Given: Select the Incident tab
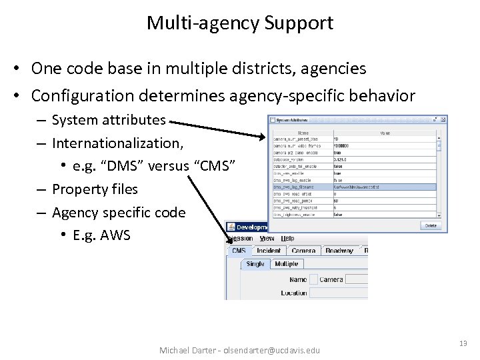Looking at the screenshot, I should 268,251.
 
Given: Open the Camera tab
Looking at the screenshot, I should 303,251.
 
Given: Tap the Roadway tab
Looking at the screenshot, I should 339,251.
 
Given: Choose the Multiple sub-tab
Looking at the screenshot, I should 287,264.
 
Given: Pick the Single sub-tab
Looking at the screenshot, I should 255,264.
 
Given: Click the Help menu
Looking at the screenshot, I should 287,238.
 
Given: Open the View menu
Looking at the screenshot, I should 267,238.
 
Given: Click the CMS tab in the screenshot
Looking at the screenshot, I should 239,251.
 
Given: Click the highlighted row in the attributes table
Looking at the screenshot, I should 353,188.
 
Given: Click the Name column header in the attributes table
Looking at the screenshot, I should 303,133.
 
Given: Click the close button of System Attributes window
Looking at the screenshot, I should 437,120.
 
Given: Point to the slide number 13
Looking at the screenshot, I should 463,343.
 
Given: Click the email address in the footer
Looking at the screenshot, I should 272,350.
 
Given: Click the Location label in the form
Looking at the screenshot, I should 294,293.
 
